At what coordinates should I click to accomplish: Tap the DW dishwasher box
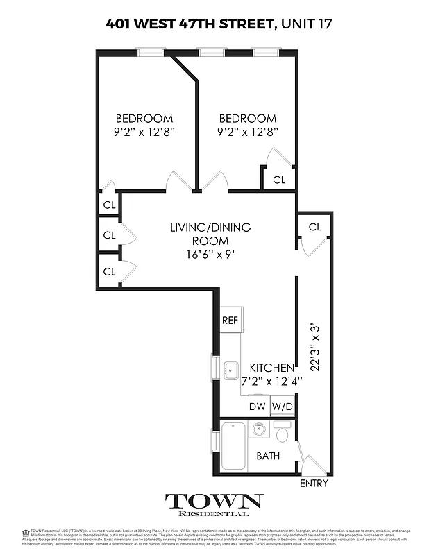pos(257,407)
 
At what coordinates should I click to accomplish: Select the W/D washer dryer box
pos(282,407)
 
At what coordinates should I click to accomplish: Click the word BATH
pos(268,456)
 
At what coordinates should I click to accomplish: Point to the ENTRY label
pos(313,483)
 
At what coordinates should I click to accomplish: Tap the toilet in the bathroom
pos(282,436)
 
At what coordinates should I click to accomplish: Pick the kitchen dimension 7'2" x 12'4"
pos(267,380)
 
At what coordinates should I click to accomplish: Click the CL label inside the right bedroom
pos(279,180)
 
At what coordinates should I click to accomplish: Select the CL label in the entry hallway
pos(314,227)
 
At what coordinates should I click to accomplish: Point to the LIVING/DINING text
pos(210,228)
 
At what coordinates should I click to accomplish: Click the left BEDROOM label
pos(144,119)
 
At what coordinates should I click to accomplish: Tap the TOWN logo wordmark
pos(214,501)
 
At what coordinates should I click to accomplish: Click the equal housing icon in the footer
pos(26,533)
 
